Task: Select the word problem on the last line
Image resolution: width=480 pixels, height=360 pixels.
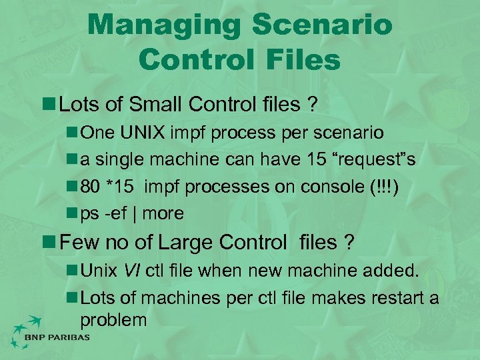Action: pos(113,319)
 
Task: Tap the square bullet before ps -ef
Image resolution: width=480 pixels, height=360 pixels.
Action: pos(71,214)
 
